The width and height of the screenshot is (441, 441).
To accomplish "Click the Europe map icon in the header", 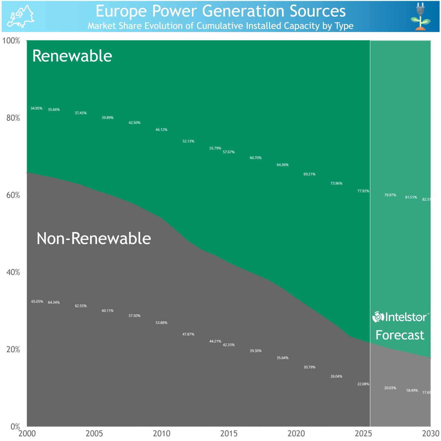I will [20, 16].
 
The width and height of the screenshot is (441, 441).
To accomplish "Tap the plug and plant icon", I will [420, 16].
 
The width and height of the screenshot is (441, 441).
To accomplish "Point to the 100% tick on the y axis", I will [11, 41].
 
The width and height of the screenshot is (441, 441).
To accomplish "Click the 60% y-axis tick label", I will [13, 195].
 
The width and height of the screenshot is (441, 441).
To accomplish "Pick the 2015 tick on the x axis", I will [229, 433].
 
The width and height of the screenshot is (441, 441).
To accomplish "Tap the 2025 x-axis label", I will [363, 433].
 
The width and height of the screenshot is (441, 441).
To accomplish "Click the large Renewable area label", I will [72, 56].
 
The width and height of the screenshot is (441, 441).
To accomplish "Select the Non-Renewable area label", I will [94, 238].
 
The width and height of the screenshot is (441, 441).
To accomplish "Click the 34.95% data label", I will [36, 109].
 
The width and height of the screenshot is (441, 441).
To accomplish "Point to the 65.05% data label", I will [37, 301].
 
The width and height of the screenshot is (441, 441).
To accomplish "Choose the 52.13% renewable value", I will [188, 141].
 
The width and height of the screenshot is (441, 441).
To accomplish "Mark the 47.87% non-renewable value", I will [188, 334].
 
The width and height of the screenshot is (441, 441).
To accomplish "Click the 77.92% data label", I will [363, 191].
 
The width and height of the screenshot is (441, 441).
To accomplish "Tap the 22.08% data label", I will [363, 384].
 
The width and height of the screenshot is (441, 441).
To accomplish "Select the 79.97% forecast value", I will [390, 195].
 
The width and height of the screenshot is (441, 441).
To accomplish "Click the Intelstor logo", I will [401, 317].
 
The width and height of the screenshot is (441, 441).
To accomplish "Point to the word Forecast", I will [400, 335].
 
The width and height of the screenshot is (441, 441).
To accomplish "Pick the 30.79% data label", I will [309, 367].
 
